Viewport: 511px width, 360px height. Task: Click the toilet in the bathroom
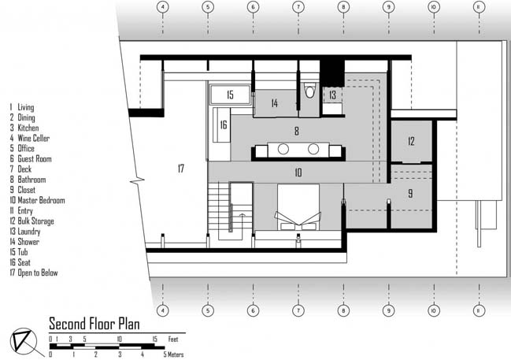click(x=309, y=91)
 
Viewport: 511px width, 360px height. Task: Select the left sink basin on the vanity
click(x=283, y=149)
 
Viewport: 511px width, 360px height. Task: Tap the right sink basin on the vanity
click(x=313, y=149)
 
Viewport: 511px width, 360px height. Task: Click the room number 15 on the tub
click(x=230, y=95)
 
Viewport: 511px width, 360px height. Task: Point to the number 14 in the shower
click(x=275, y=103)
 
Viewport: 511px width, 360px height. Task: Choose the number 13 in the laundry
click(x=332, y=95)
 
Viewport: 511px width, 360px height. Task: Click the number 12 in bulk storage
click(x=411, y=141)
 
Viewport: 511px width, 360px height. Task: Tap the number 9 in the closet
click(x=410, y=193)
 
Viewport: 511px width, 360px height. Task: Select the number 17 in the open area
click(x=181, y=169)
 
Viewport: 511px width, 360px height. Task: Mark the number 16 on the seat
click(x=224, y=124)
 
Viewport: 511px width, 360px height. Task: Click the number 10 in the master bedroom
click(x=298, y=173)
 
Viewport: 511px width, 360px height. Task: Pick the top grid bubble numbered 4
click(x=163, y=7)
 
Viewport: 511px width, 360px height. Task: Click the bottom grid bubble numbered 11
click(x=479, y=310)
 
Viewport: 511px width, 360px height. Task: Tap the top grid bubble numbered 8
click(x=343, y=7)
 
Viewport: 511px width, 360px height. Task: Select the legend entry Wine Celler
click(x=30, y=139)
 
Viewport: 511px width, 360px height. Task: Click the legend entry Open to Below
click(x=34, y=273)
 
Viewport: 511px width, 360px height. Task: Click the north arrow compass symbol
click(x=25, y=342)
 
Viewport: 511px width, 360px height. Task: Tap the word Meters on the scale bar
click(x=176, y=354)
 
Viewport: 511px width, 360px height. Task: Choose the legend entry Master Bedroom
click(x=37, y=200)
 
